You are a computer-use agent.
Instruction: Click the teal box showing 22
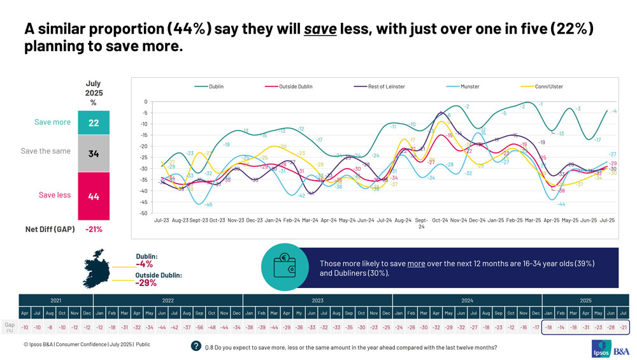pos(94,122)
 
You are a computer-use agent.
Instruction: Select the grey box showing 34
pos(94,153)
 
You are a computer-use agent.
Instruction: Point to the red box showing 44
pos(94,196)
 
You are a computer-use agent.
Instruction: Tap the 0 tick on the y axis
pos(146,102)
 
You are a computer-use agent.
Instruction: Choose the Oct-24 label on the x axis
pos(440,220)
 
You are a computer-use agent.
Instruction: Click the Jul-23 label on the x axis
pos(162,220)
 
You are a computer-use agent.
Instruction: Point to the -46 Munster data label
pos(208,205)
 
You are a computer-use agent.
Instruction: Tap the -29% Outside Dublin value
pos(147,283)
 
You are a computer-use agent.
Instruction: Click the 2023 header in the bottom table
pos(317,300)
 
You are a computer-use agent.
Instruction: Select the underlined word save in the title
pos(320,29)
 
